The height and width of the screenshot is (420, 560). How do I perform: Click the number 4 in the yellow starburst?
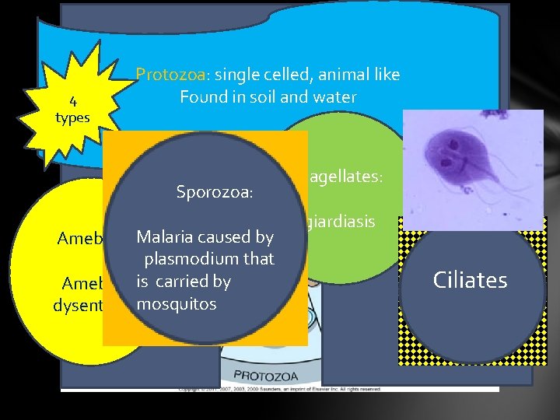pyautogui.click(x=72, y=100)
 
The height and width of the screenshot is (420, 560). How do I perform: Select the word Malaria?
pyautogui.click(x=164, y=236)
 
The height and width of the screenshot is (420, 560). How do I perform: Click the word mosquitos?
pyautogui.click(x=176, y=303)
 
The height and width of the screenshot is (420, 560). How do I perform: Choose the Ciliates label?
pyautogui.click(x=471, y=279)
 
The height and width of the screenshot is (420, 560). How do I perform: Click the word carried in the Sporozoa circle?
pyautogui.click(x=204, y=281)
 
